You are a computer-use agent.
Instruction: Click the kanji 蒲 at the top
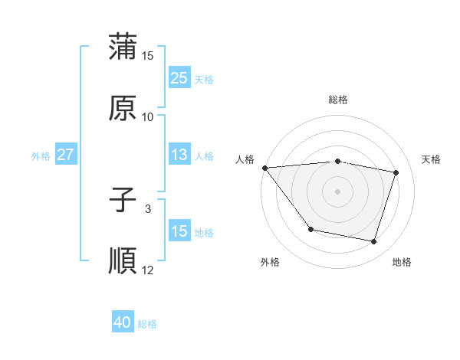[123, 47]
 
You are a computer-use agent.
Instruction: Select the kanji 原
[123, 108]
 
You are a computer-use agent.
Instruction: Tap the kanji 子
[123, 201]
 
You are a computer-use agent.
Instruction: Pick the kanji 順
[123, 261]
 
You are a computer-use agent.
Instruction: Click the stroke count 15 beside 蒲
[148, 56]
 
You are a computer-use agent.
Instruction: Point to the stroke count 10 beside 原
[148, 116]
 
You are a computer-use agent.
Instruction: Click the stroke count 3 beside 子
[148, 208]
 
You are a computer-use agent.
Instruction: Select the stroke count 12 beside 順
[148, 270]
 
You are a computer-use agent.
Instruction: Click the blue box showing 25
[179, 78]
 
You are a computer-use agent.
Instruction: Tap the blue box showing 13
[179, 155]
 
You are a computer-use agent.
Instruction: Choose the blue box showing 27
[65, 155]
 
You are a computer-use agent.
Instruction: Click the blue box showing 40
[123, 323]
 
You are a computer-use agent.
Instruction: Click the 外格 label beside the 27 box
[41, 155]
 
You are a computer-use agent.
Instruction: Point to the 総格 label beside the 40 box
[147, 324]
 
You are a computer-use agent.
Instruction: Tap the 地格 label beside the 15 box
[204, 232]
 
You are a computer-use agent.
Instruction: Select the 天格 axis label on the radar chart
[431, 159]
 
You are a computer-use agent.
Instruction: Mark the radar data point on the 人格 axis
[264, 168]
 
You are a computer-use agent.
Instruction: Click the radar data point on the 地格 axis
[373, 241]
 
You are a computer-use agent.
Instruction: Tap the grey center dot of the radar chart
[337, 191]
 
